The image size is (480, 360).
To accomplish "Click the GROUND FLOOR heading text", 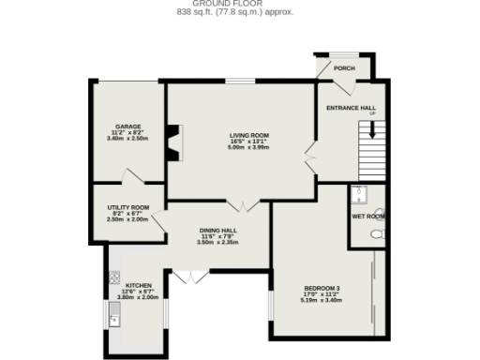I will pyautogui.click(x=239, y=5).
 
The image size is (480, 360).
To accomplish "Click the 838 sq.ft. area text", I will pyautogui.click(x=239, y=13).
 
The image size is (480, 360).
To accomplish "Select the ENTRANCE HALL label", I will pyautogui.click(x=351, y=108).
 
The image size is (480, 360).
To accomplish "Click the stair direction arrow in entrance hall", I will pyautogui.click(x=372, y=131).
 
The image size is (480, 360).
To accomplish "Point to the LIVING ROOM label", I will pyautogui.click(x=242, y=135).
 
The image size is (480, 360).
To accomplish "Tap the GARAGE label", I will pyautogui.click(x=127, y=126).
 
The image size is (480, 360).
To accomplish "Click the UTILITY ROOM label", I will pyautogui.click(x=127, y=207).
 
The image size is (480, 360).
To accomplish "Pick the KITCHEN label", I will pyautogui.click(x=138, y=283).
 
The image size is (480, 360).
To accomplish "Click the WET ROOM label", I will pyautogui.click(x=368, y=217).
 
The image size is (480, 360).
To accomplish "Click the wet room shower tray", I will pyautogui.click(x=358, y=196).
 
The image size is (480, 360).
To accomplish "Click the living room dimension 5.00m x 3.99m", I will pyautogui.click(x=242, y=148).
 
